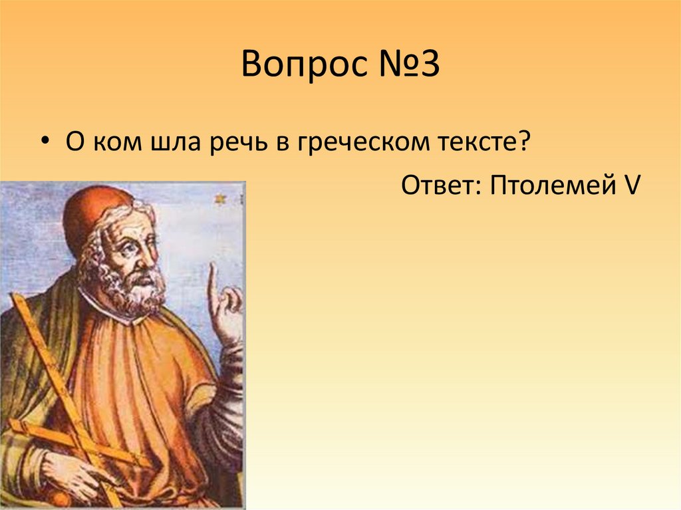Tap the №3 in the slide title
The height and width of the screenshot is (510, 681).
[408, 67]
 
